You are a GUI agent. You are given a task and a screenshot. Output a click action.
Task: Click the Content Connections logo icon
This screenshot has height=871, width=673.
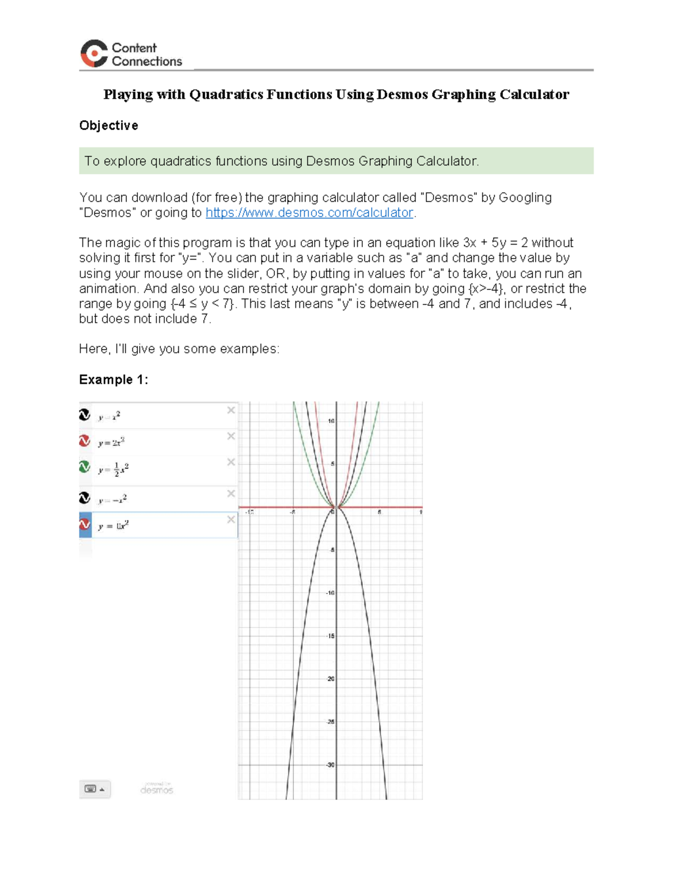coord(94,54)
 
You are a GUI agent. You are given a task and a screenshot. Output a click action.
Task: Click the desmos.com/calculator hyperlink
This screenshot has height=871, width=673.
coord(309,213)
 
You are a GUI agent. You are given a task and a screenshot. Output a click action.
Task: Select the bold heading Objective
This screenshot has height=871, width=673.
coord(108,126)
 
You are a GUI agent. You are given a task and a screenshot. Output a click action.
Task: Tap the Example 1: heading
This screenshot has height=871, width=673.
coord(113,380)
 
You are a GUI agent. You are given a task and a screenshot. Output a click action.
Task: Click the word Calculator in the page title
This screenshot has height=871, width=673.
coord(534,95)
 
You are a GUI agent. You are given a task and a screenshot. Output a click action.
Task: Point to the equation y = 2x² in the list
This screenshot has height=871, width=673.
coord(111,443)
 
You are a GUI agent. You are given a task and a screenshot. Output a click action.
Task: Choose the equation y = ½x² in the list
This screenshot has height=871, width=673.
coord(113,469)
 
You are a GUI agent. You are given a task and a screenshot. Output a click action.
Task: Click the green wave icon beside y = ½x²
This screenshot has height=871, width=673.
coord(85,467)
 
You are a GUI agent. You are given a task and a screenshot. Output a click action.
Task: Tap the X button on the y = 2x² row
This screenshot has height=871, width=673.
coord(231,436)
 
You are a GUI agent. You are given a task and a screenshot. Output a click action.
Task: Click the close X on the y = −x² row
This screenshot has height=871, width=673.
coord(231,494)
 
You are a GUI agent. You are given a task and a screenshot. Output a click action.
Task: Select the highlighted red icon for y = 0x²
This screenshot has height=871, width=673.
coord(85,524)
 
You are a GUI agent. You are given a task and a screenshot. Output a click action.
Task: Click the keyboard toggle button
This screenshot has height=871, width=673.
coord(94,789)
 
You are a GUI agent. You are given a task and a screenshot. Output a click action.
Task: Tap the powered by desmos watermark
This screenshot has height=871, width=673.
coord(156,789)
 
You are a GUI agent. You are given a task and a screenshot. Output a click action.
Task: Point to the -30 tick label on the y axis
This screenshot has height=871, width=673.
coord(330,765)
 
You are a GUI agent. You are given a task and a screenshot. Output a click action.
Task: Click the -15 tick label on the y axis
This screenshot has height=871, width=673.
coord(330,636)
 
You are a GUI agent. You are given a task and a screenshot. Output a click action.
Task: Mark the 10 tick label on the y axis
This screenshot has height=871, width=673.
coord(331,421)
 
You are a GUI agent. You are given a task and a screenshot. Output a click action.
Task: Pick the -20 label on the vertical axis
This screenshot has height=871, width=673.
coord(330,679)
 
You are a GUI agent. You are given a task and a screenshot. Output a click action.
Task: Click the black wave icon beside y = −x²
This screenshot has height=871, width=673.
coord(85,498)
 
